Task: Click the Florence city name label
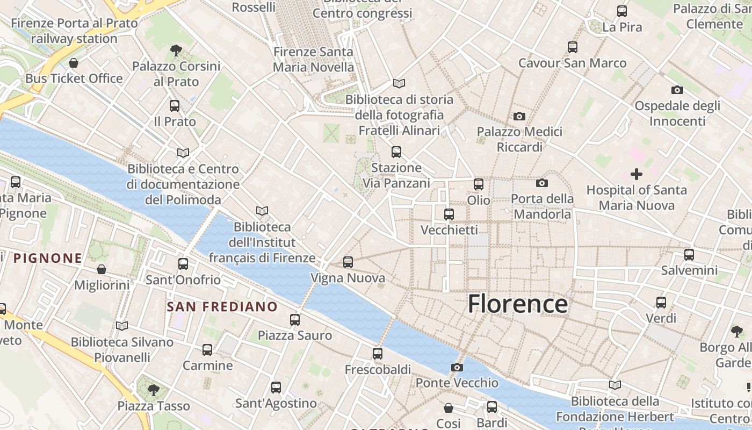pos(517,304)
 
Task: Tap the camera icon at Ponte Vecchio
pos(457,368)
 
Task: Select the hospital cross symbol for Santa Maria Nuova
pos(637,174)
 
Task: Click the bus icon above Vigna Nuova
pos(348,262)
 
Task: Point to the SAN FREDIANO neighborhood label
pos(222,307)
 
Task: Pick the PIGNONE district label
pos(48,258)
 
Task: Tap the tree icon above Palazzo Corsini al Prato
pos(176,51)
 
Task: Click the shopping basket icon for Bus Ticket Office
pos(74,63)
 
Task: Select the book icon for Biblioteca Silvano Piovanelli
pos(122,326)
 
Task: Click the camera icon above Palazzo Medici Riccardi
pos(519,116)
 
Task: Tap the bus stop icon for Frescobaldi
pos(378,354)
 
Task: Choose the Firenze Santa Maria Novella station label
pos(314,60)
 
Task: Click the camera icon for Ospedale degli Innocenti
pos(677,90)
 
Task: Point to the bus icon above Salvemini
pos(689,255)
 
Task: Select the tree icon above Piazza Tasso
pos(154,390)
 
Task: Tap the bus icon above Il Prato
pos(175,106)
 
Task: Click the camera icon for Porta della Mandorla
pos(541,183)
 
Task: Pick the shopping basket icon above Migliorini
pos(102,269)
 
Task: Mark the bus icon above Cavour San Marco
pos(573,47)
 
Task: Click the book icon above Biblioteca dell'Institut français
pos(262,211)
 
